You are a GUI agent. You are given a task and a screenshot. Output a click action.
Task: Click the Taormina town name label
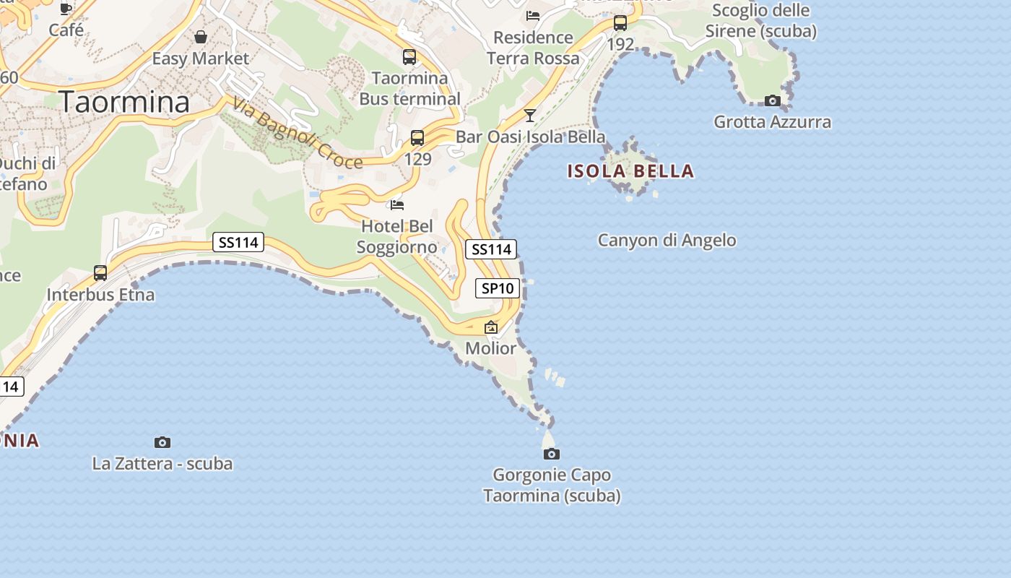[x=124, y=103]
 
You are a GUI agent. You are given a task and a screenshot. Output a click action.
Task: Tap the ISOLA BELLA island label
[x=630, y=171]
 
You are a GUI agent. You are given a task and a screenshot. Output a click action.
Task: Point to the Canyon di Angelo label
[x=667, y=241]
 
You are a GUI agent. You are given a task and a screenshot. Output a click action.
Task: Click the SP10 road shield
[x=498, y=288]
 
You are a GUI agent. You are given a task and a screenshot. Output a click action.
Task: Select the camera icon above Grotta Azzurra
[x=773, y=100]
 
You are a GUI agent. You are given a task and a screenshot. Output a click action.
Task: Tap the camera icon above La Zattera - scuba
[x=162, y=442]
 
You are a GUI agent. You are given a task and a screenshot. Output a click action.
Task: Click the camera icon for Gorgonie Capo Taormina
[x=552, y=454]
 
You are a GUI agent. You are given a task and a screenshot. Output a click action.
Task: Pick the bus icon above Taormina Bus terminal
[x=409, y=56]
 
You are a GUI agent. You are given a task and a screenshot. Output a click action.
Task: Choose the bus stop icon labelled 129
[x=417, y=138]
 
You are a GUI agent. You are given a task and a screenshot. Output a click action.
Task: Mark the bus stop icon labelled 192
[x=620, y=23]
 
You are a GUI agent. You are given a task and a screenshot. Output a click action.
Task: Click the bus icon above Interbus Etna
[x=100, y=273]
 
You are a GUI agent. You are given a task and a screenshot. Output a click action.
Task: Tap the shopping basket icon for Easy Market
[x=200, y=37]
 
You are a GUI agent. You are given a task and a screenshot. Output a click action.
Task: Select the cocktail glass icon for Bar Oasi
[x=530, y=115]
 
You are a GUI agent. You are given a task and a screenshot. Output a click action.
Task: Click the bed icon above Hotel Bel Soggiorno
[x=397, y=205]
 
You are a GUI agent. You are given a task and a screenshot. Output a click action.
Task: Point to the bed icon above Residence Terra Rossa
[x=533, y=15]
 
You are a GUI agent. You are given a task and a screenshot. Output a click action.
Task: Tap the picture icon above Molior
[x=491, y=327]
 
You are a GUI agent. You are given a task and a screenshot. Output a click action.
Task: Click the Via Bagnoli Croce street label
[x=297, y=135]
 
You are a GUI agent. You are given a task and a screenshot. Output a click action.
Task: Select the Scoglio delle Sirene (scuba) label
[x=761, y=21]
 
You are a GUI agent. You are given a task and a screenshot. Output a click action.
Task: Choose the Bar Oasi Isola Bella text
[x=530, y=137]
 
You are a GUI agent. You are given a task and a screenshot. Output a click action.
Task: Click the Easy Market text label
[x=200, y=59]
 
